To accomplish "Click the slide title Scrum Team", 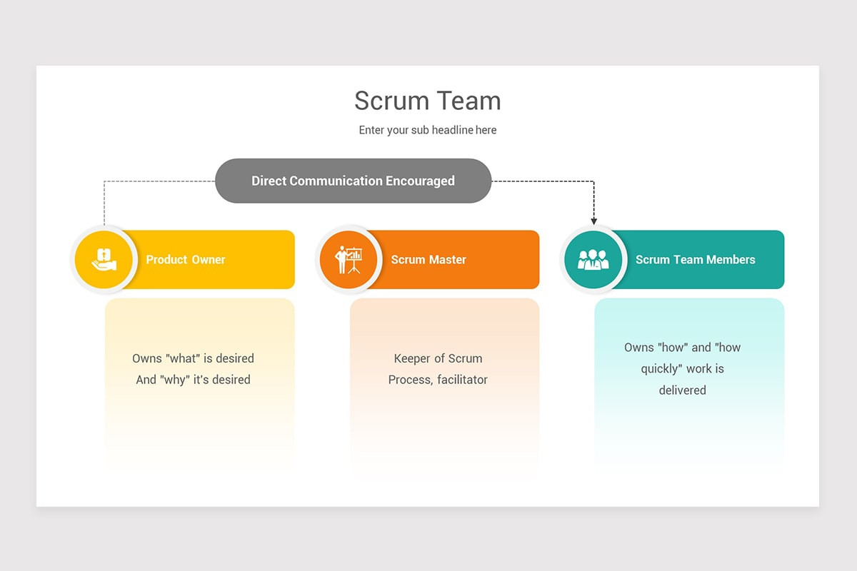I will coord(427,101).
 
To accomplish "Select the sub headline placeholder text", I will coord(427,130).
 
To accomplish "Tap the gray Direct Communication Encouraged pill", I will coord(353,181).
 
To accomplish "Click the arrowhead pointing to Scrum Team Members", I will coord(593,221).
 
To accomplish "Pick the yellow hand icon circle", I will coord(104,259).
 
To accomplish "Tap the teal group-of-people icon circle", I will coord(593,259).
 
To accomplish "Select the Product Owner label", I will coord(186,260).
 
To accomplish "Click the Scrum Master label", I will coord(428,260).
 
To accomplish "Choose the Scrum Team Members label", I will coord(695,260).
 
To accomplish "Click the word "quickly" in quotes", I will coord(662,369).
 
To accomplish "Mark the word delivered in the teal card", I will coord(682,390).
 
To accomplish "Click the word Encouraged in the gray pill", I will coord(420,181).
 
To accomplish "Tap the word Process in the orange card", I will coord(409,380).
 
